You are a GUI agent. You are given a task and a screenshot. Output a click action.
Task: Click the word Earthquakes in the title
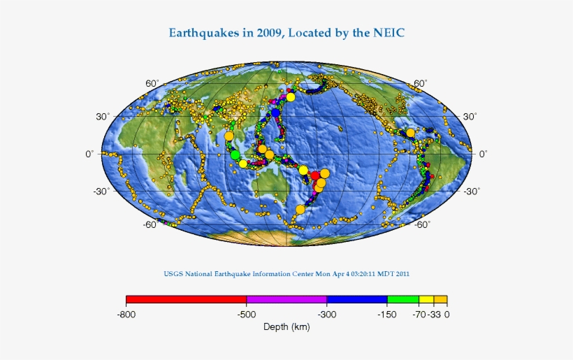coord(203,33)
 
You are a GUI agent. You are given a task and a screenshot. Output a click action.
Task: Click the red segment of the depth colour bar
coord(186,300)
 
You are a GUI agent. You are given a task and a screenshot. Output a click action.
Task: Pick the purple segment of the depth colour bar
coord(286,300)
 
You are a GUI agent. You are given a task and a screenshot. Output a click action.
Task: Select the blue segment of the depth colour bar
coord(357,300)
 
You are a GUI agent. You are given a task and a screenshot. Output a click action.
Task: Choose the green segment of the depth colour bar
coord(403,300)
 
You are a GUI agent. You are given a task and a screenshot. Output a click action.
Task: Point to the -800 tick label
coord(126,315)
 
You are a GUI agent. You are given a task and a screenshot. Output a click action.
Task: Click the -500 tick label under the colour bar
coord(246,315)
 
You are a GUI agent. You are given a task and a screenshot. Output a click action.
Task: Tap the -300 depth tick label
coord(326,315)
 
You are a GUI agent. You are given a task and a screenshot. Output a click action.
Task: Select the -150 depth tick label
coord(387,315)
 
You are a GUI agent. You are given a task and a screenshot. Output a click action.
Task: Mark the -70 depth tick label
coord(418,315)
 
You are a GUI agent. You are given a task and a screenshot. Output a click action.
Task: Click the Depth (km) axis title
coord(286,327)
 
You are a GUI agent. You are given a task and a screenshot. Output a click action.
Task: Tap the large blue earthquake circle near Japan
coord(276,113)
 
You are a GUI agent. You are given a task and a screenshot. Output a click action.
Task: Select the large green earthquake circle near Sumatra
coord(235,155)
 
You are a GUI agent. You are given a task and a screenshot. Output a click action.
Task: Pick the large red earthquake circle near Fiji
coord(315,175)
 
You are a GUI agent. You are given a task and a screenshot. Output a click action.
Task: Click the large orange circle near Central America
coord(410,133)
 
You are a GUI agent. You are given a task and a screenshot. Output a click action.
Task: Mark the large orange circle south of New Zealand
coord(300,209)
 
